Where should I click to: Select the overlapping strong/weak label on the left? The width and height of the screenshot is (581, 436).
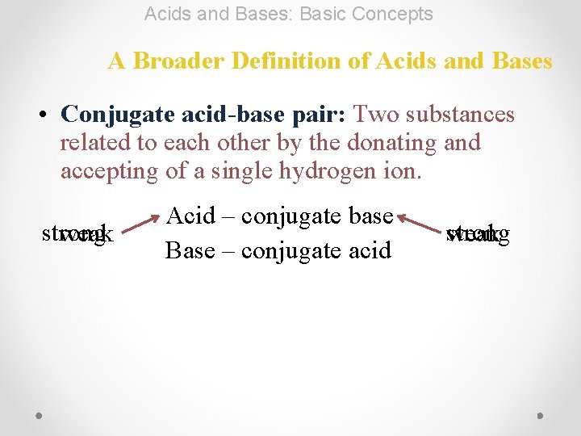(x=77, y=235)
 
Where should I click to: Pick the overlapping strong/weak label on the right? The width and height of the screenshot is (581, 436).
(x=477, y=235)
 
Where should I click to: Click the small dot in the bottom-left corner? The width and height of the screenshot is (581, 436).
(x=40, y=415)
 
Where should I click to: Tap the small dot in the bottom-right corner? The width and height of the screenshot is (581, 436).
(x=540, y=415)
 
